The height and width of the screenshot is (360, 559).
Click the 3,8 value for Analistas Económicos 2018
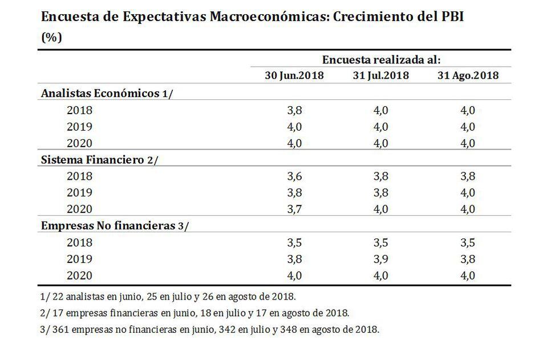pyautogui.click(x=294, y=111)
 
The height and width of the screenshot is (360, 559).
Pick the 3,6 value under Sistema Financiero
pyautogui.click(x=294, y=177)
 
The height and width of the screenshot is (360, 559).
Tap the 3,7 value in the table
pyautogui.click(x=294, y=209)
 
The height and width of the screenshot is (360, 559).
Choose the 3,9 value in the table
pyautogui.click(x=380, y=259)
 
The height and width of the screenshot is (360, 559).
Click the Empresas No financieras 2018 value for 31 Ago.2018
pyautogui.click(x=468, y=242)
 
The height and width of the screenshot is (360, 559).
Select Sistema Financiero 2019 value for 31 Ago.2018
pyautogui.click(x=468, y=193)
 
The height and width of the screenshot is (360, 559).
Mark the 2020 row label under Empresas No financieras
pyautogui.click(x=79, y=276)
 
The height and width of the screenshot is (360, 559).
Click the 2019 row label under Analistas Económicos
pyautogui.click(x=79, y=127)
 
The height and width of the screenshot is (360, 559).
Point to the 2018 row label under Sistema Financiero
pyautogui.click(x=79, y=177)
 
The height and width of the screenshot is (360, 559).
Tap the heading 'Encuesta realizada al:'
pyautogui.click(x=381, y=59)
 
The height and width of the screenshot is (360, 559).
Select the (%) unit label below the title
pyautogui.click(x=51, y=37)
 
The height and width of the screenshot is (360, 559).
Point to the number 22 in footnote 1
pyautogui.click(x=58, y=297)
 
